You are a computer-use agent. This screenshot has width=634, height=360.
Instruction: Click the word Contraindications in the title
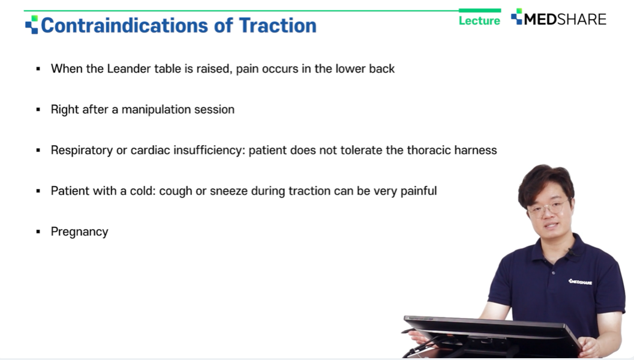click(x=125, y=25)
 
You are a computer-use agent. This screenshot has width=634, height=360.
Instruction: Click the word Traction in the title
click(x=278, y=25)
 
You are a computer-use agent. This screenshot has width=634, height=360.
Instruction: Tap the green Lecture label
click(x=479, y=20)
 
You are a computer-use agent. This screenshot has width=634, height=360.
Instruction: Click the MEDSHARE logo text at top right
click(x=565, y=19)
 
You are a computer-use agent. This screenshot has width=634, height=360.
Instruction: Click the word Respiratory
click(x=82, y=151)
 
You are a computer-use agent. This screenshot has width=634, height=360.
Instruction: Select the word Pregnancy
click(x=79, y=232)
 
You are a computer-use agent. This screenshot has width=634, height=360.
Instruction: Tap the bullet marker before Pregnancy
click(x=38, y=232)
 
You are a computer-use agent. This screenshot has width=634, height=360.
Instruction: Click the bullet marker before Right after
click(x=38, y=110)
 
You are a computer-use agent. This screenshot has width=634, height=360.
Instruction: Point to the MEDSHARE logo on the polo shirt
click(x=580, y=281)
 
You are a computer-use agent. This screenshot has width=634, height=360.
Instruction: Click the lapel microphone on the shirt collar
click(x=572, y=253)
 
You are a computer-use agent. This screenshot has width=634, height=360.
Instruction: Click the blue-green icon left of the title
click(x=32, y=25)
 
